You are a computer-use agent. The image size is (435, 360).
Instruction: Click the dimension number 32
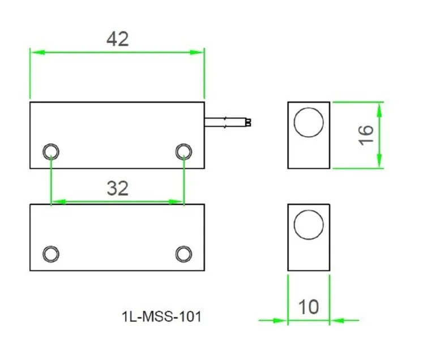[x=117, y=188]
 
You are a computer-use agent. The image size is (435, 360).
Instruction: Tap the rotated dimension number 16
[x=366, y=134]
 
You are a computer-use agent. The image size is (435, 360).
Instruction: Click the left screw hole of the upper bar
[x=51, y=151]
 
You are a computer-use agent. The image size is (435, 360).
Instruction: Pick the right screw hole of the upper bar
[x=184, y=151]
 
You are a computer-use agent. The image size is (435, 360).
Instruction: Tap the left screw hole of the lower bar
[x=51, y=253]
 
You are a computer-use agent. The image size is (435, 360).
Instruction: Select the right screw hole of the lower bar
[x=184, y=253]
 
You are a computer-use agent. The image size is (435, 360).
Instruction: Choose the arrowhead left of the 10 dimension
[x=281, y=320]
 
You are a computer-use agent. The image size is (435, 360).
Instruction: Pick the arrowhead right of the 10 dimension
[x=336, y=320]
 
